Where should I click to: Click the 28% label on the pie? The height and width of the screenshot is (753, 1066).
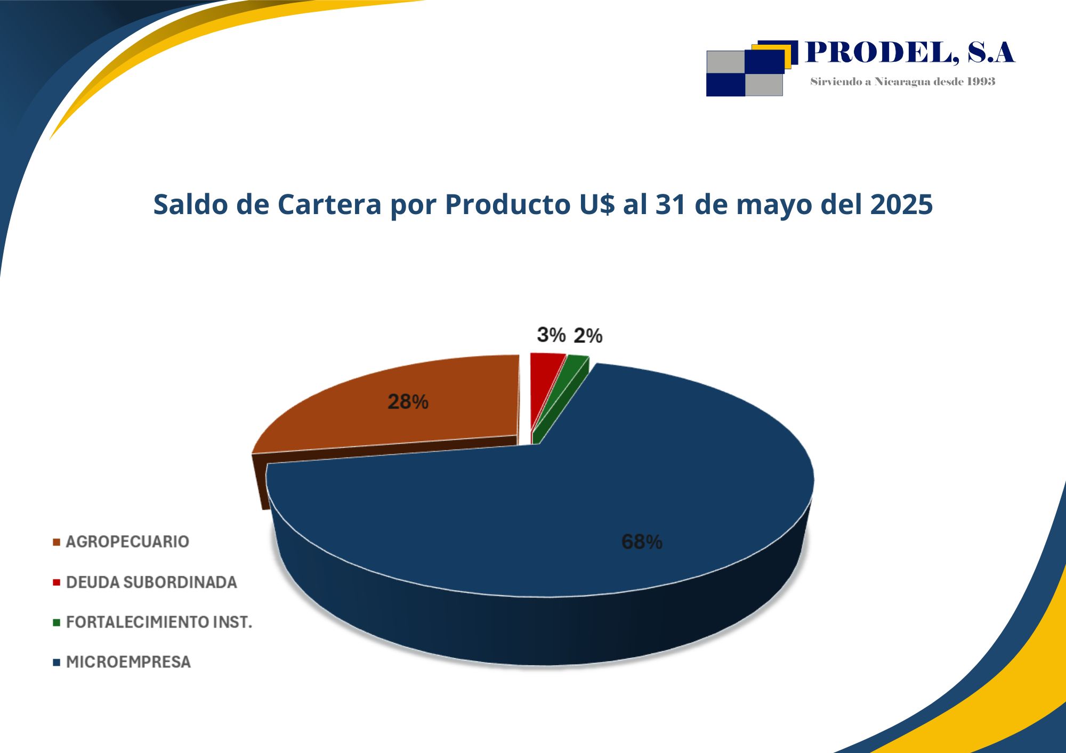click(408, 402)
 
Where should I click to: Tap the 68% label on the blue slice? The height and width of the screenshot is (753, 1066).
click(642, 542)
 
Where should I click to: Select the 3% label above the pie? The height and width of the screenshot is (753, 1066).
click(551, 335)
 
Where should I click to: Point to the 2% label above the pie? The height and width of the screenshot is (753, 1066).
click(588, 336)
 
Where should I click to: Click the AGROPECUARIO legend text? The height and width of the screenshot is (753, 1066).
click(127, 542)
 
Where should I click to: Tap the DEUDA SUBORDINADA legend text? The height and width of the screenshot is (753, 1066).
click(151, 583)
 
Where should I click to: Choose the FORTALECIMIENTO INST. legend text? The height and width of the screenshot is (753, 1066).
click(159, 623)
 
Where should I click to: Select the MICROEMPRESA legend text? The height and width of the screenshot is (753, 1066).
click(128, 662)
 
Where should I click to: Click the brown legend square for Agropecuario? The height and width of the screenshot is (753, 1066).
click(56, 543)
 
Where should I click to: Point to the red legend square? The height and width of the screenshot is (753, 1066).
click(56, 583)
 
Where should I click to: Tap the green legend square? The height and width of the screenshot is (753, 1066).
click(56, 623)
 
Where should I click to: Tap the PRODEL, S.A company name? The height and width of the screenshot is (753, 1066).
click(910, 53)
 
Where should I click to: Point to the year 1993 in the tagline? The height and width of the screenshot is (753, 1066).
click(981, 81)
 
